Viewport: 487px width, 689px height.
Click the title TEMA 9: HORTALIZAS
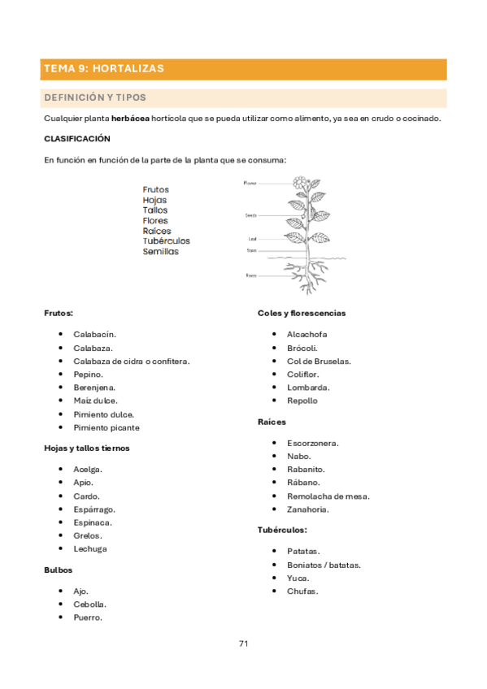click(x=104, y=69)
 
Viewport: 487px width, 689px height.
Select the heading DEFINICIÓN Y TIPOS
click(x=95, y=97)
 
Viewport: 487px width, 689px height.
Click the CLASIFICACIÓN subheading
click(x=76, y=138)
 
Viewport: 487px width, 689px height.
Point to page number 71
click(x=243, y=643)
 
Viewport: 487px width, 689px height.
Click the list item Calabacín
click(x=94, y=334)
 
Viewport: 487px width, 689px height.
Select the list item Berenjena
click(x=94, y=388)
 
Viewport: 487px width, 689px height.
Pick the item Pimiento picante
click(x=106, y=427)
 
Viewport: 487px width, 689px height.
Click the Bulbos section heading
click(x=59, y=570)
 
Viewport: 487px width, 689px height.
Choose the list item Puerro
click(x=88, y=617)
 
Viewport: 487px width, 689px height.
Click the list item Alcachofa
click(x=307, y=334)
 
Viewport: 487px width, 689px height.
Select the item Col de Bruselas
click(x=319, y=361)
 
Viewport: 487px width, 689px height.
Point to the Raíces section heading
click(x=272, y=422)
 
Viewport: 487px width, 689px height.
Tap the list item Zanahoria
click(x=308, y=509)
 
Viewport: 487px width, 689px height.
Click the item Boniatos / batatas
click(x=324, y=565)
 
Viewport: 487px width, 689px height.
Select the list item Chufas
click(x=302, y=591)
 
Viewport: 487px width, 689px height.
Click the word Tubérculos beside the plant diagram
click(x=166, y=241)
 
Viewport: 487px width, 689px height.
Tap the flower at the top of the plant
click(x=301, y=183)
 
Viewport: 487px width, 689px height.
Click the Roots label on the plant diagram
click(x=250, y=275)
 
